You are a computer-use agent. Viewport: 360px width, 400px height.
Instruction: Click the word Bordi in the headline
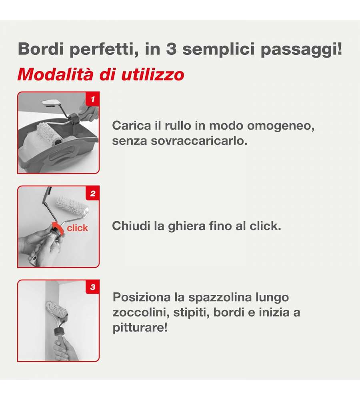click(x=40, y=48)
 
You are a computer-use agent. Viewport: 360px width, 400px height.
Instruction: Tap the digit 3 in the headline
click(x=171, y=48)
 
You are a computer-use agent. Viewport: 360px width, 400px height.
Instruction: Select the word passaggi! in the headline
click(x=301, y=50)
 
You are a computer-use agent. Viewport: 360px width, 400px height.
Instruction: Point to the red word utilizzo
click(x=152, y=74)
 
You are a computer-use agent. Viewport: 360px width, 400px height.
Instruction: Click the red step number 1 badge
click(x=92, y=99)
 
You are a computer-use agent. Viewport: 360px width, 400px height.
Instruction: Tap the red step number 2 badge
click(x=92, y=193)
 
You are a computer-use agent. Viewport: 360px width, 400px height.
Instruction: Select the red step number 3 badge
click(x=92, y=287)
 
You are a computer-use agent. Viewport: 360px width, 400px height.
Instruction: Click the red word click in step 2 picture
click(x=77, y=228)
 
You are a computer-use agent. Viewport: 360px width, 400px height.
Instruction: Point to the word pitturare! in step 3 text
click(x=140, y=328)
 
